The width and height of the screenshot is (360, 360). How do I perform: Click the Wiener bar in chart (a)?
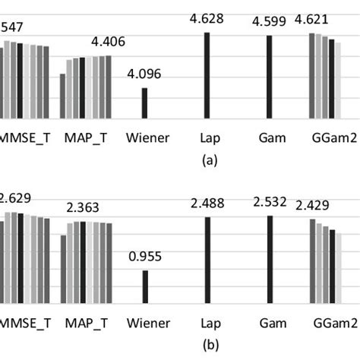coord(144,103)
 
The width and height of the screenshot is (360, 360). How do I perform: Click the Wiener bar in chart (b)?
coord(144,286)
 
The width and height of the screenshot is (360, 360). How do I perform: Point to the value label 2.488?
coord(207,203)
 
